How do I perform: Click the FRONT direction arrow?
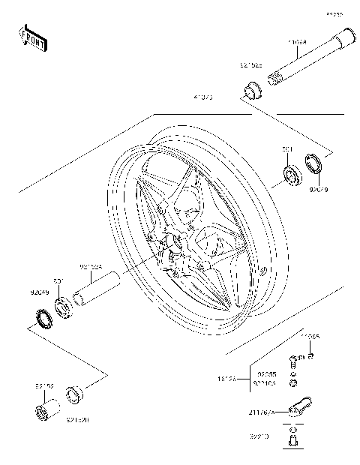[x=34, y=37]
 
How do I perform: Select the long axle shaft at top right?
[x=309, y=58]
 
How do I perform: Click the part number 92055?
[x=267, y=373]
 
